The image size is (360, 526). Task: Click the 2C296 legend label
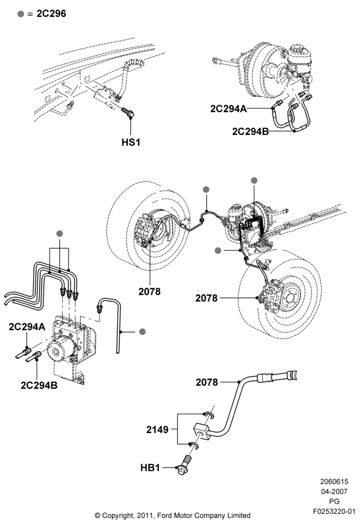tap(51, 14)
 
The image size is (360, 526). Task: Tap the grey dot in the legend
tap(21, 14)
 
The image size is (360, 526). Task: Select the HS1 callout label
tap(131, 142)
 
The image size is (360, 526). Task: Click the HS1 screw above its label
tap(127, 113)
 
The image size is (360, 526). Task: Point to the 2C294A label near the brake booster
tap(228, 109)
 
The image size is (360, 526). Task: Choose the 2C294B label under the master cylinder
tap(251, 131)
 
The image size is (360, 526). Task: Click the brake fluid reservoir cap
tap(297, 48)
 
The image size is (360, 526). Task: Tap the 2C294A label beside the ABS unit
tap(27, 327)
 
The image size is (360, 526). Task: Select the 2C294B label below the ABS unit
tap(39, 385)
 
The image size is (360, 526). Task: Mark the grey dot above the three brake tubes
tap(59, 234)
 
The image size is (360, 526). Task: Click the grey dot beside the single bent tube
tap(143, 332)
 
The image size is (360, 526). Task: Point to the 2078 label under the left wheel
tap(149, 291)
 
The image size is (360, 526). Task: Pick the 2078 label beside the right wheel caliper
tap(206, 298)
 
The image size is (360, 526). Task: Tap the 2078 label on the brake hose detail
tap(207, 382)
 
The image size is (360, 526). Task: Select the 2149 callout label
tap(157, 429)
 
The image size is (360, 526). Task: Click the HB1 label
tap(150, 468)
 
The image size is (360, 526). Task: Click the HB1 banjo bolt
tap(185, 464)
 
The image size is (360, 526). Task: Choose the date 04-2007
tap(334, 491)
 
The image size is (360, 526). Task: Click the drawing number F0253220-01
tap(334, 512)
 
